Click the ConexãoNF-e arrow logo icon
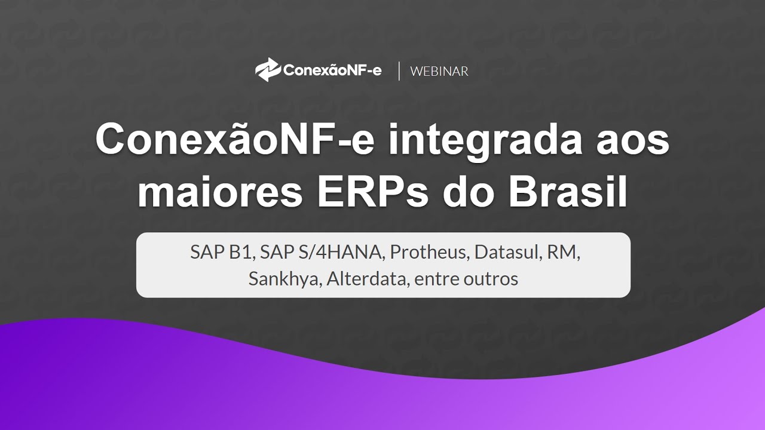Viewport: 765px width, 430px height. point(267,70)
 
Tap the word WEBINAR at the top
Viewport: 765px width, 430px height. point(439,71)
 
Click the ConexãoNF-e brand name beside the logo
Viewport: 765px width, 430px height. point(332,70)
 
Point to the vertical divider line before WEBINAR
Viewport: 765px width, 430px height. point(399,70)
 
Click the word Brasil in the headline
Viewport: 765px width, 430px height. point(568,192)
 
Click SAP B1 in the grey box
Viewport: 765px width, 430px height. point(222,253)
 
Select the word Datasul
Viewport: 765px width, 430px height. point(507,253)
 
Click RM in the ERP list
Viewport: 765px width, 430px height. point(567,253)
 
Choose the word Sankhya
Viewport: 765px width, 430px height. point(284,279)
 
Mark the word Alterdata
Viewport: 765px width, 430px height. point(365,279)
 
